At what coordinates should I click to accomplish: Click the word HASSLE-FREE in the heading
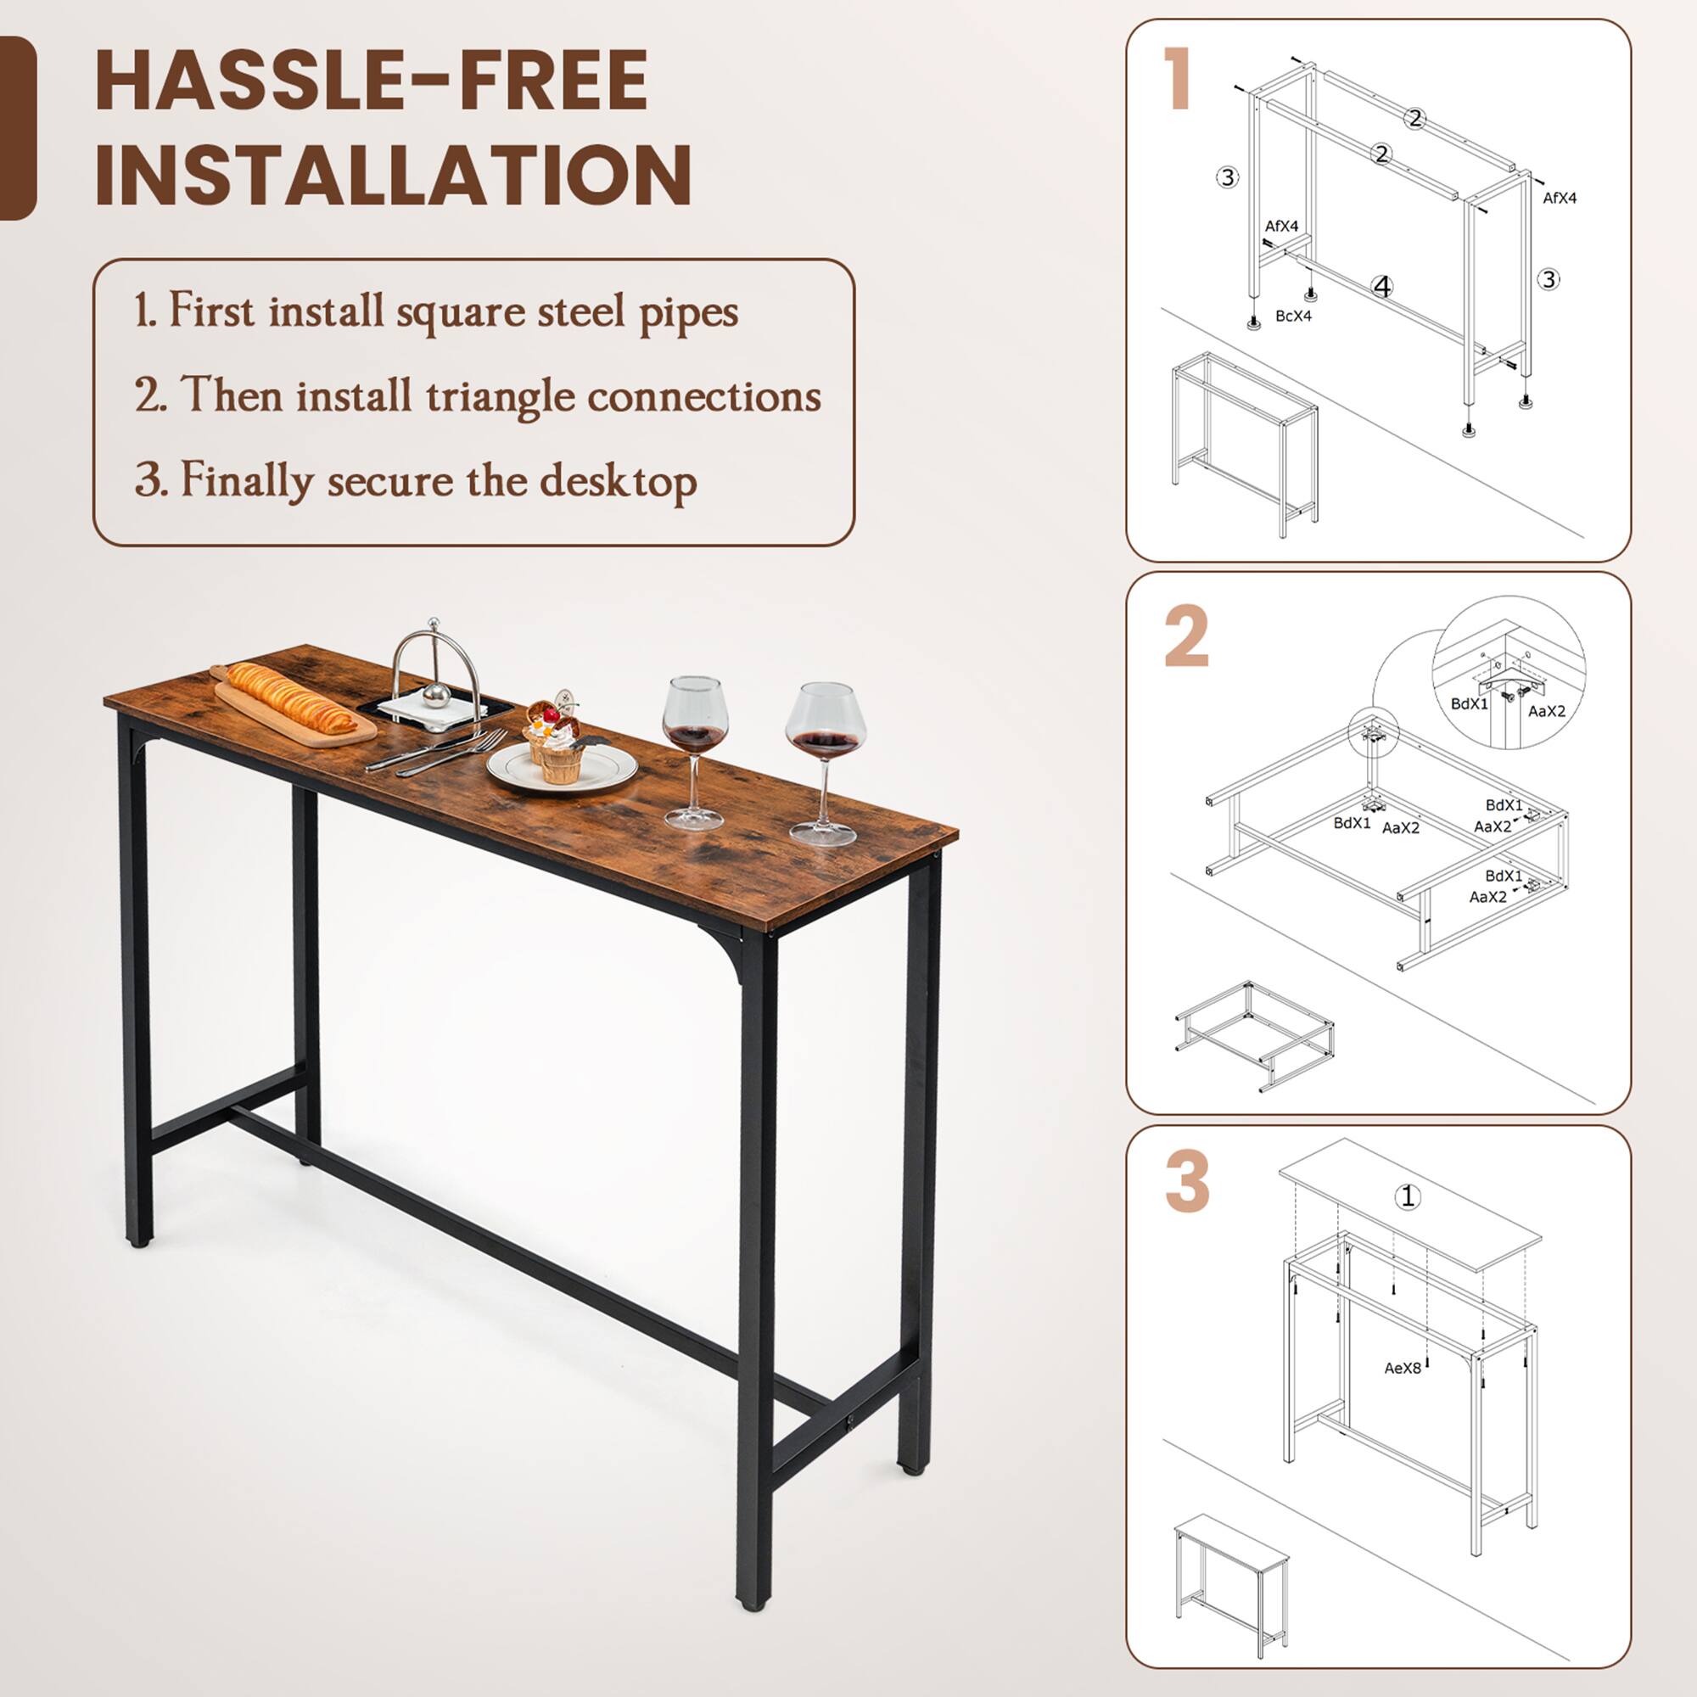click(x=371, y=81)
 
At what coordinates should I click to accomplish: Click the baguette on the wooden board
click(x=292, y=699)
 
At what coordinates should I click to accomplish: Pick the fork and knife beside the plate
click(x=436, y=753)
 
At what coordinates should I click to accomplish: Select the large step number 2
click(x=1186, y=637)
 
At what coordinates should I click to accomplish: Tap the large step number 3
click(x=1187, y=1181)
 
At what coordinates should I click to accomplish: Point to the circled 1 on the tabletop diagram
click(x=1408, y=1196)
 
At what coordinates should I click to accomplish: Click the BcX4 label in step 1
click(x=1293, y=316)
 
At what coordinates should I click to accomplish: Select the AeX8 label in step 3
click(x=1402, y=1368)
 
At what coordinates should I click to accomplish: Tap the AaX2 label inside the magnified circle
click(x=1547, y=712)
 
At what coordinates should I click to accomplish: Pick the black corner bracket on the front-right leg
click(x=732, y=949)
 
